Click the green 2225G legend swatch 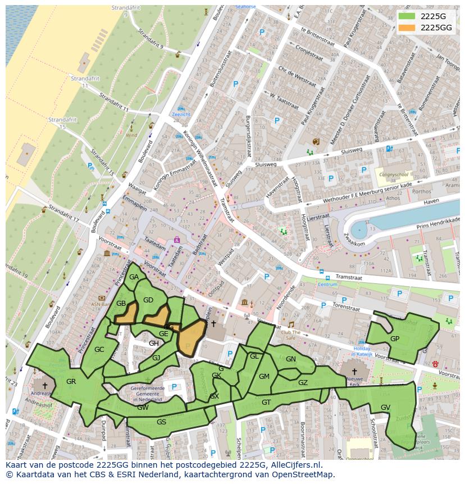click(407, 16)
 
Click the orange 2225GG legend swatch click(407, 28)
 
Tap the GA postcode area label click(134, 277)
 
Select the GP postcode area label click(395, 339)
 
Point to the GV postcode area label click(385, 407)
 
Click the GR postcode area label click(71, 382)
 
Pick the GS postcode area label click(161, 422)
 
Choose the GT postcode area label click(266, 402)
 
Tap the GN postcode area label click(290, 359)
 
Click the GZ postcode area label click(303, 383)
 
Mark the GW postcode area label click(143, 407)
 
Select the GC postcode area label click(99, 350)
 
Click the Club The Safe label click(291, 335)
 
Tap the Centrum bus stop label click(327, 284)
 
